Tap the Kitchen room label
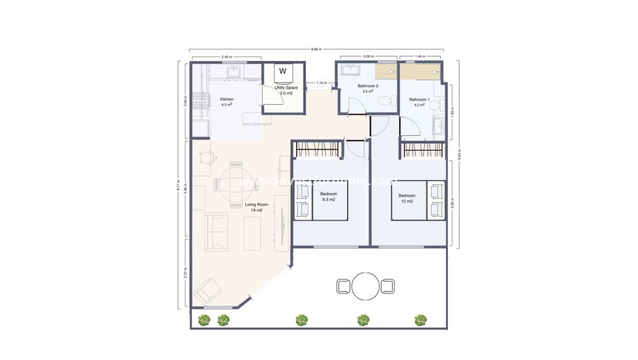pos(227,99)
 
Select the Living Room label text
pos(256,205)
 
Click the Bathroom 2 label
pos(368,86)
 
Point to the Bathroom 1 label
pos(419,99)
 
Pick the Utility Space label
pos(286,87)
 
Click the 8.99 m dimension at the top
pos(316,49)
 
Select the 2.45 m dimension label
pos(226,57)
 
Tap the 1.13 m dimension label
pos(321,83)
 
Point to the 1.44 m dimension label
pos(420,57)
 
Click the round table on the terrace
pos(366,286)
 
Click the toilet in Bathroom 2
pos(388,101)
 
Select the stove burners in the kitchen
pos(201,101)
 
